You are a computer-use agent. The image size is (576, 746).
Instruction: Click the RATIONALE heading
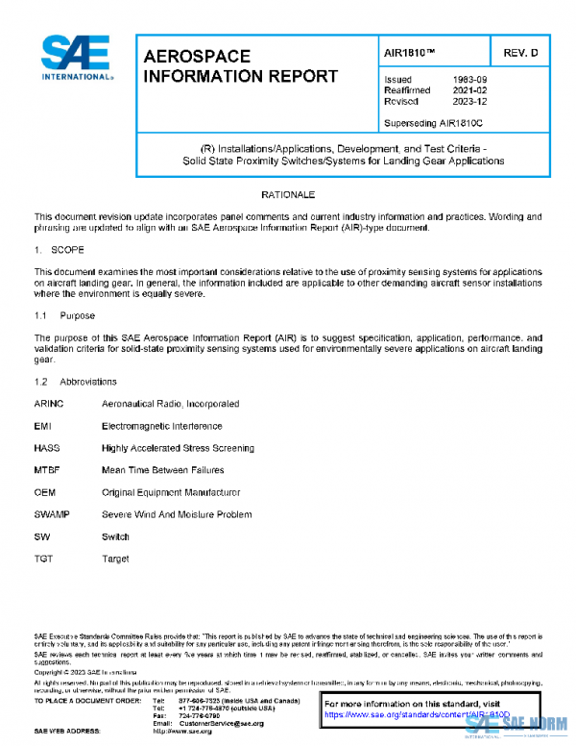(x=292, y=196)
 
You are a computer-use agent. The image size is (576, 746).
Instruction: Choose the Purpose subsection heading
(x=77, y=314)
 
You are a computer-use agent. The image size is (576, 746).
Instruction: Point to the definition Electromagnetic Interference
(x=161, y=426)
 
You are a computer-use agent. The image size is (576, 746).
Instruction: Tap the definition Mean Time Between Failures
(x=162, y=470)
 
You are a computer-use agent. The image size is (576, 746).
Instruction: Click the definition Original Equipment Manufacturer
(x=170, y=492)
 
